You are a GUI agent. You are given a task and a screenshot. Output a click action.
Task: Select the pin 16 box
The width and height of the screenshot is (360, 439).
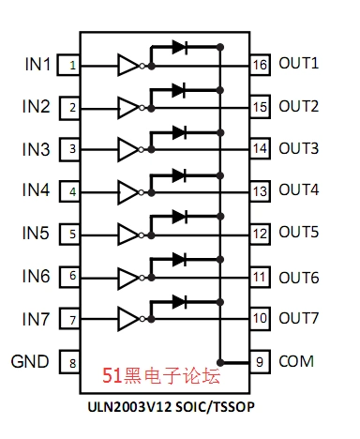click(260, 65)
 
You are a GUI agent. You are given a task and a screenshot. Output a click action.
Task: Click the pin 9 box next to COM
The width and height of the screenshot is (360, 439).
click(260, 361)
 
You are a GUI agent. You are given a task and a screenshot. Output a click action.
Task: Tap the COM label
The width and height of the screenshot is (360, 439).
click(295, 361)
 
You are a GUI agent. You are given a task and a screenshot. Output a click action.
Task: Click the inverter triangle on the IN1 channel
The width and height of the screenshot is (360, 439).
click(127, 65)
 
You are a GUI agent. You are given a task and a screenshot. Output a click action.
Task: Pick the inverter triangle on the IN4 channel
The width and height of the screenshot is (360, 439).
click(127, 191)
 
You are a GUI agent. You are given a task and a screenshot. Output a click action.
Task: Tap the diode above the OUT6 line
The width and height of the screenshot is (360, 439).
click(178, 259)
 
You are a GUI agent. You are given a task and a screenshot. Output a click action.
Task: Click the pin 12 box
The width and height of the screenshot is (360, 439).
click(260, 233)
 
